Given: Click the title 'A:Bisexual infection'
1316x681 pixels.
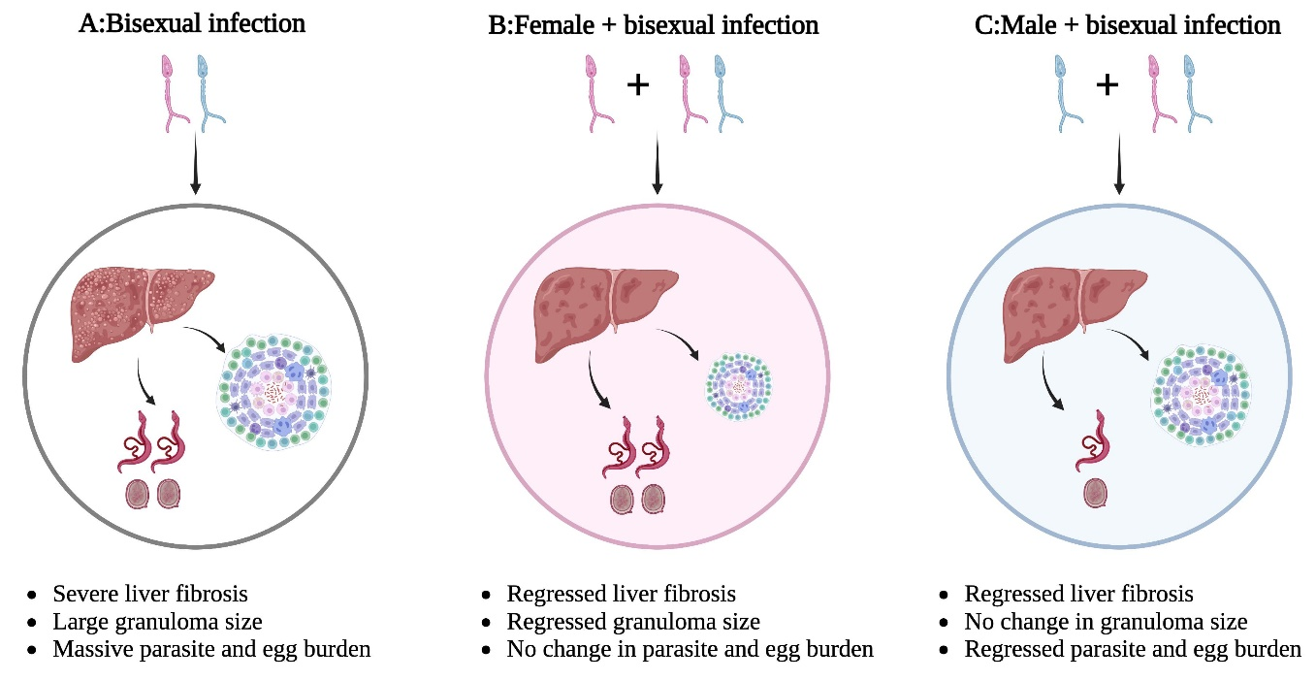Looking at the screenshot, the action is pyautogui.click(x=192, y=24).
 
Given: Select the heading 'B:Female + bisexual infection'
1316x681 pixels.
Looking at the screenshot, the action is pyautogui.click(x=654, y=25).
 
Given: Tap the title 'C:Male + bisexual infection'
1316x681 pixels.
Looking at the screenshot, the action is pyautogui.click(x=1128, y=25).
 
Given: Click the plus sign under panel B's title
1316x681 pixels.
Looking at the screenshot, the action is pyautogui.click(x=638, y=85).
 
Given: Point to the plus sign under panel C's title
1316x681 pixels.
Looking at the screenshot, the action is pyautogui.click(x=1107, y=85).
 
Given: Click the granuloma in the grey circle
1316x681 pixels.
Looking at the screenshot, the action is pyautogui.click(x=274, y=393).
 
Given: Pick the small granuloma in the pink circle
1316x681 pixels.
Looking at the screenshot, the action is pyautogui.click(x=738, y=386).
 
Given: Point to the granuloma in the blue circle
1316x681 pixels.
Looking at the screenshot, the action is pyautogui.click(x=1202, y=395).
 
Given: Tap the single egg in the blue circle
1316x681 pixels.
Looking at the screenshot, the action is pyautogui.click(x=1096, y=493).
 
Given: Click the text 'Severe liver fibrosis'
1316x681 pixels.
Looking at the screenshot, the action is pyautogui.click(x=149, y=594).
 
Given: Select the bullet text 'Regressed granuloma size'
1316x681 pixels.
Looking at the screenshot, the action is pyautogui.click(x=633, y=622).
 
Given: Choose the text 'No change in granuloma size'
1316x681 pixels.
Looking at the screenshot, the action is pyautogui.click(x=1106, y=622).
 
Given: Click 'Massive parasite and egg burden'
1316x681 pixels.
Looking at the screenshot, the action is pyautogui.click(x=211, y=649).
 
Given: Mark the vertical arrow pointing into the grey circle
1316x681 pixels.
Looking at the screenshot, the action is pyautogui.click(x=196, y=163).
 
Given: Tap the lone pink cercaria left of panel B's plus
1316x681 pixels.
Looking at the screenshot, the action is pyautogui.click(x=599, y=93).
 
